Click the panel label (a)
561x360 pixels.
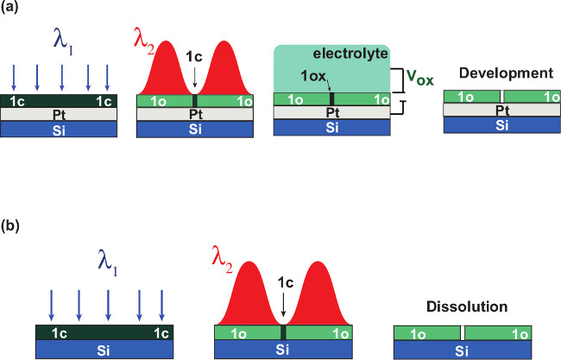16,9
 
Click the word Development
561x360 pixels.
506,73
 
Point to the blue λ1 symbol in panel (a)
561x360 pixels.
62,44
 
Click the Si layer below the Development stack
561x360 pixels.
500,123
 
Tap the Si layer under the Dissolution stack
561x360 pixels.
462,349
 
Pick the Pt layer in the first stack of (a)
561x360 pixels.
61,112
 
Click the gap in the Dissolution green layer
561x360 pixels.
463,332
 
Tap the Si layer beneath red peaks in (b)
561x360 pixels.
284,349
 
